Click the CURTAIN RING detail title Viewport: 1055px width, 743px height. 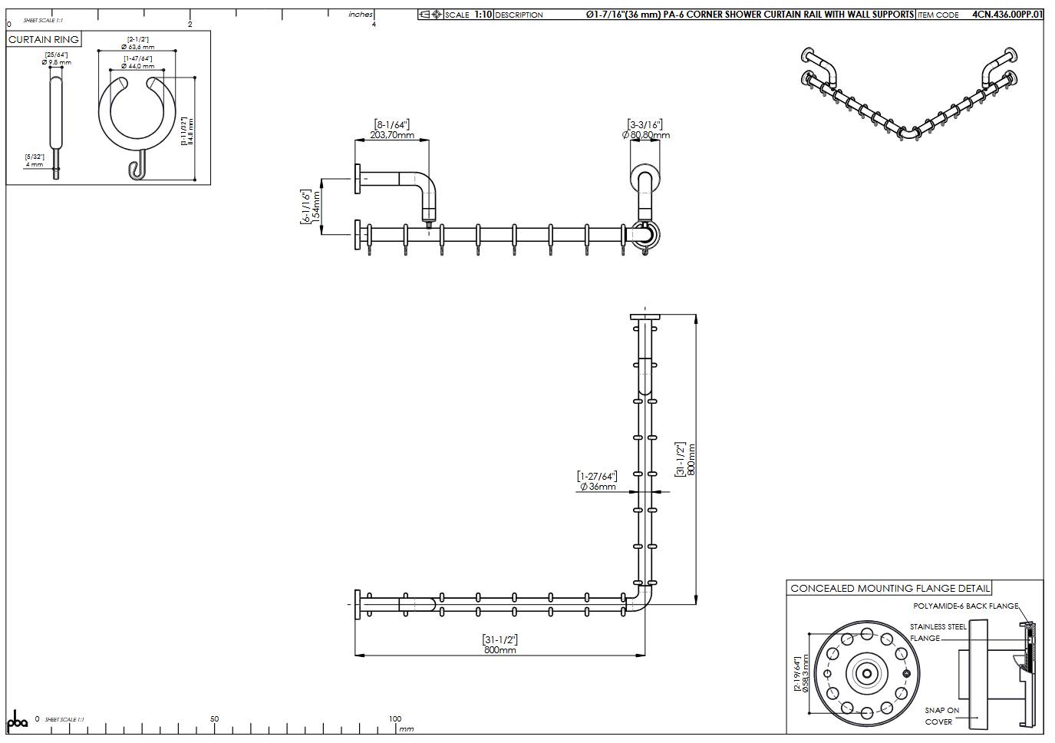(x=44, y=39)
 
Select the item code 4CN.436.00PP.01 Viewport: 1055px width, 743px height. (x=1007, y=15)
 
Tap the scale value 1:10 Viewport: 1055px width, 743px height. (x=483, y=15)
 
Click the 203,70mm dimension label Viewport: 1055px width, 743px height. (x=392, y=135)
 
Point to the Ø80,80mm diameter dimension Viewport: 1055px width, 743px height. (x=646, y=135)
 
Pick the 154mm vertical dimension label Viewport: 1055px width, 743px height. (x=315, y=207)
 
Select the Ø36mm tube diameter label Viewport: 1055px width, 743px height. (x=598, y=486)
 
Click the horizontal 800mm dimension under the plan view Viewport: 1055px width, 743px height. (x=499, y=649)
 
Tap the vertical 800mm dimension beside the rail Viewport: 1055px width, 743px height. (x=691, y=459)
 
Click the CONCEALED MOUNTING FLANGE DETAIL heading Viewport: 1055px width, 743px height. (x=890, y=589)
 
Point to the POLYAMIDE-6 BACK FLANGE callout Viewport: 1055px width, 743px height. (x=965, y=606)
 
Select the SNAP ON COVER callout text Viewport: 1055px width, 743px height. (x=941, y=715)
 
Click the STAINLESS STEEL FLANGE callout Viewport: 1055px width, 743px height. (x=938, y=632)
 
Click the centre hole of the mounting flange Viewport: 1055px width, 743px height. (x=866, y=674)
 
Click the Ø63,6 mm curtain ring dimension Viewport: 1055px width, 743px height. (x=137, y=47)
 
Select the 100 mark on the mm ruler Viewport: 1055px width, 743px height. (x=394, y=719)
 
